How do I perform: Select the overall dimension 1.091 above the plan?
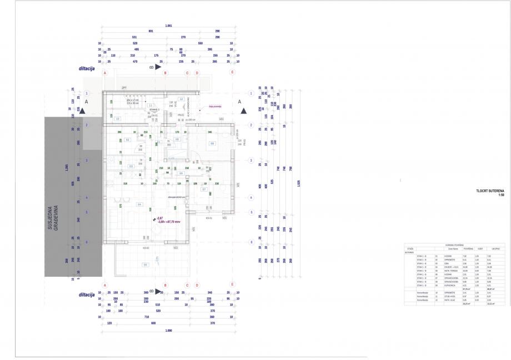(168, 26)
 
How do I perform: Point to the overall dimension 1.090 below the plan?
(168, 331)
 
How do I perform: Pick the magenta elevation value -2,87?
(159, 217)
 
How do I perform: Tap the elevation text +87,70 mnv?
(174, 221)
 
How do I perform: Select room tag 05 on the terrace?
(145, 265)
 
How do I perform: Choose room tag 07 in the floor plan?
(204, 190)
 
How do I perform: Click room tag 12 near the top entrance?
(181, 99)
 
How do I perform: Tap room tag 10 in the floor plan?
(117, 118)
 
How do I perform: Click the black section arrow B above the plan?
(158, 67)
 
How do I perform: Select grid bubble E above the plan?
(233, 72)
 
